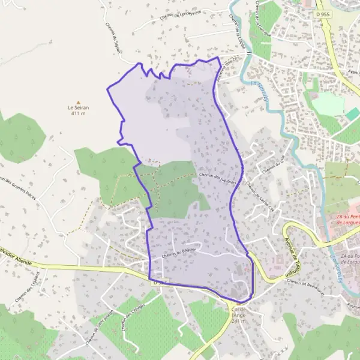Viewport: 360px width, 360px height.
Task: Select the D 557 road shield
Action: point(158,281)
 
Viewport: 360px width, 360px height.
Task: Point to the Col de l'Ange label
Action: point(239,315)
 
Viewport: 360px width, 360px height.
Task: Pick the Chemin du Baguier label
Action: point(179,255)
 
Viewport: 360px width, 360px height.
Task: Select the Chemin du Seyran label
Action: point(114,42)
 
